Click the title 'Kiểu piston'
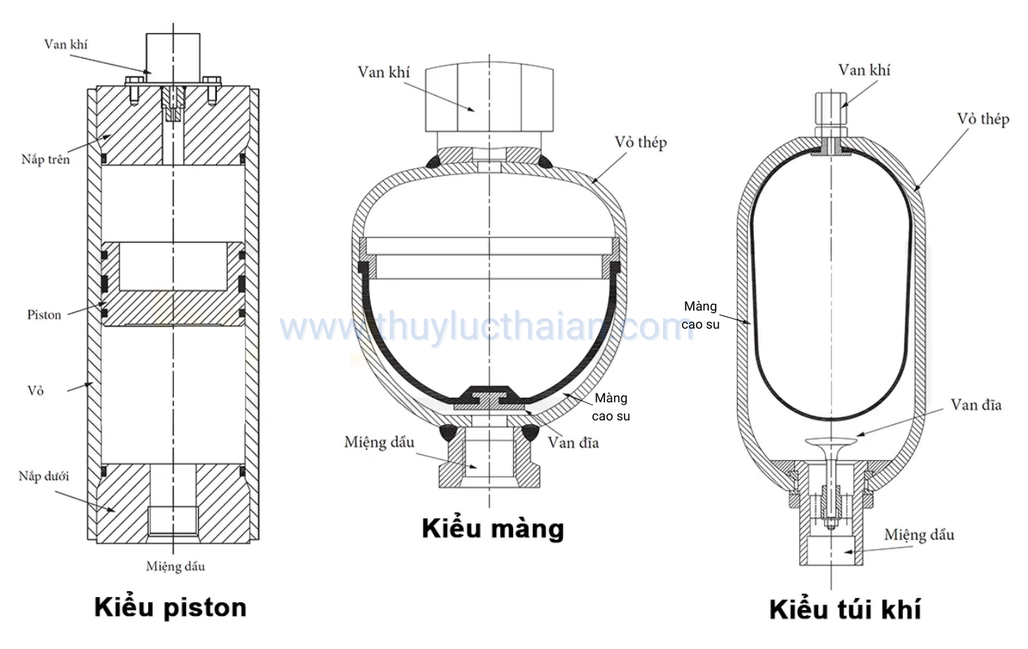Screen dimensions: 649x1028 [x=170, y=607]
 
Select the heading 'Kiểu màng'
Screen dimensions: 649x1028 [x=492, y=529]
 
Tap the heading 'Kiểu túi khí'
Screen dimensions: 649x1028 [x=844, y=609]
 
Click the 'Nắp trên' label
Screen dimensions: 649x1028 [x=45, y=159]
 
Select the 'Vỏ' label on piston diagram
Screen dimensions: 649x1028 [x=36, y=390]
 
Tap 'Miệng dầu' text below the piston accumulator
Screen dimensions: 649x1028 [x=175, y=566]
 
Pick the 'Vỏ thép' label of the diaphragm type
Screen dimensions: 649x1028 [x=640, y=142]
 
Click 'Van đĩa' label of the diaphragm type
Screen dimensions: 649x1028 [x=573, y=441]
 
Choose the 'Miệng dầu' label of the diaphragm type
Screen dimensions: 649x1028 [x=380, y=441]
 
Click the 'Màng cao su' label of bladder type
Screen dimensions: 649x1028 [x=701, y=315]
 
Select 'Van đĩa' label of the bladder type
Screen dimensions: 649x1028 [x=976, y=405]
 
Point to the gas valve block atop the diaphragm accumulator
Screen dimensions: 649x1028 [x=490, y=98]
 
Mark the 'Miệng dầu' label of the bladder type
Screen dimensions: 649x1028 [x=919, y=535]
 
